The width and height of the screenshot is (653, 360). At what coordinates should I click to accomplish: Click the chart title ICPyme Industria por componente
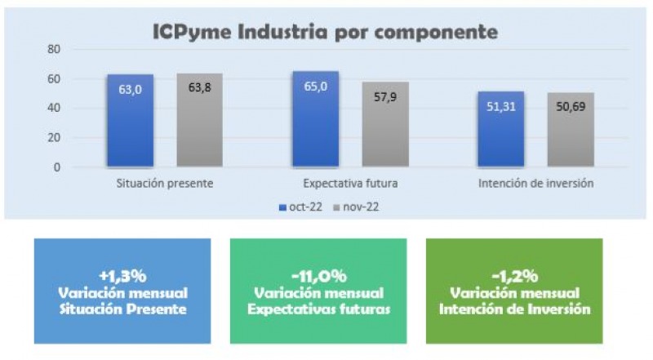pyautogui.click(x=325, y=33)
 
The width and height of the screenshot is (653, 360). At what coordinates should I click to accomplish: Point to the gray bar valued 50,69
pyautogui.click(x=571, y=130)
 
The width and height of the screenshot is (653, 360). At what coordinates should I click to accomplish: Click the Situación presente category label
pyautogui.click(x=165, y=184)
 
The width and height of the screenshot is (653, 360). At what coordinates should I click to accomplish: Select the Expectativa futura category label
pyautogui.click(x=351, y=184)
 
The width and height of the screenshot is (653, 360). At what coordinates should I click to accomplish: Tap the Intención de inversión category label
pyautogui.click(x=536, y=184)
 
